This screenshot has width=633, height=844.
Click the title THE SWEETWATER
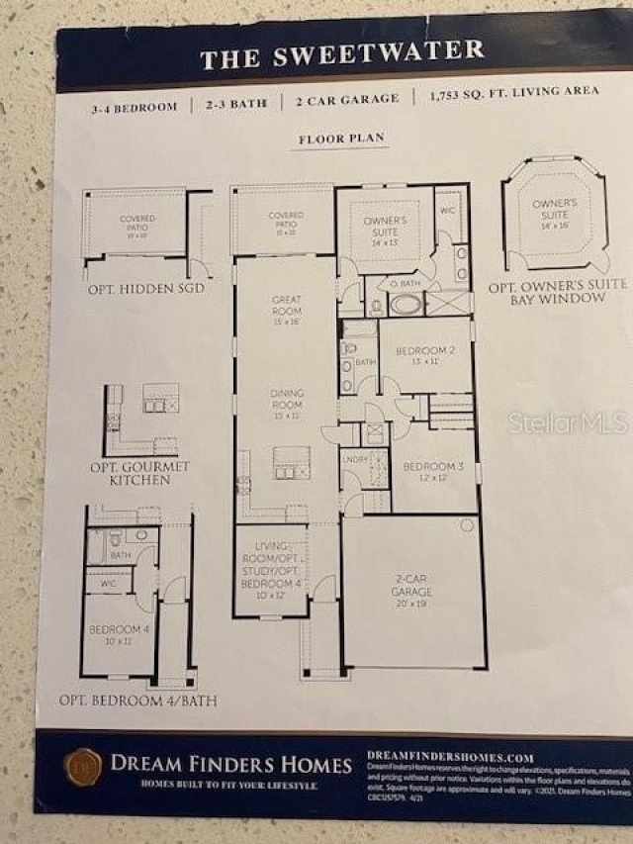342,54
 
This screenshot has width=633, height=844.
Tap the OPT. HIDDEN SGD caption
145,288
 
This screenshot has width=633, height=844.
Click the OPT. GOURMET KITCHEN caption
140,473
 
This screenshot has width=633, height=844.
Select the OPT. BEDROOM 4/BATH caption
138,701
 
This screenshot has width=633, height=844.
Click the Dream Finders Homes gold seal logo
83,766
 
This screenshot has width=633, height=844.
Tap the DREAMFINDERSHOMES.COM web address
450,757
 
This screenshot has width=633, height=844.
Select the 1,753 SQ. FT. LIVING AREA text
513,98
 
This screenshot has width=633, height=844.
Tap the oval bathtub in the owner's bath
405,304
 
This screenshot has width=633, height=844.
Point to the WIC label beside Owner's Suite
449,211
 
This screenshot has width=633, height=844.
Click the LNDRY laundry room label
356,459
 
